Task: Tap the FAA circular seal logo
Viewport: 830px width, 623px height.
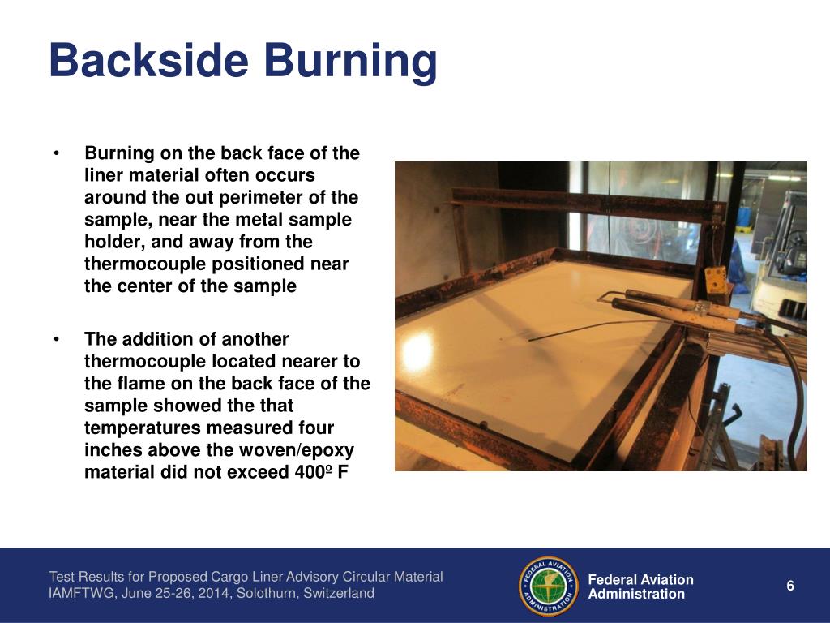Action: (548, 586)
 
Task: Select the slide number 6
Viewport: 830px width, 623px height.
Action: (790, 586)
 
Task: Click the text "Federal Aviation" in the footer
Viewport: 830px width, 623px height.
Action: (640, 579)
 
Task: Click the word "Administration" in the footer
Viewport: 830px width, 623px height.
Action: (636, 594)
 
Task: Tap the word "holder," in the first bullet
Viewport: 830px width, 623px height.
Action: (112, 242)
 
